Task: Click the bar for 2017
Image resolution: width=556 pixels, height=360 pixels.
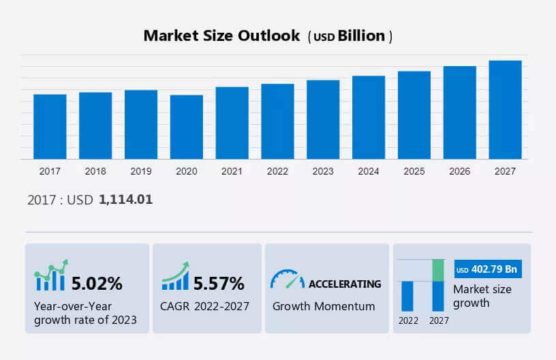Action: pyautogui.click(x=50, y=127)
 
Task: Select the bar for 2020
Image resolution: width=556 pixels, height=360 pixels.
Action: pyautogui.click(x=187, y=127)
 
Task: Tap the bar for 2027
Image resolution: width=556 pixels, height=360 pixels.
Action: pyautogui.click(x=506, y=110)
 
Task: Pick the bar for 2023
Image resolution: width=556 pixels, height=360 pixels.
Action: pyautogui.click(x=323, y=119)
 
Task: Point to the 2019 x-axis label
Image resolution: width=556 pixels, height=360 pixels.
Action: pyautogui.click(x=141, y=171)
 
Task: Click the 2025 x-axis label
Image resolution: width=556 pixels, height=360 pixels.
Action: pyautogui.click(x=414, y=171)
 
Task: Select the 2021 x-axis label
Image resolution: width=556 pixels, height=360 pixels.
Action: pyautogui.click(x=232, y=171)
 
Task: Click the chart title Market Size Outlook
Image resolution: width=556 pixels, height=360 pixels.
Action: pyautogui.click(x=221, y=36)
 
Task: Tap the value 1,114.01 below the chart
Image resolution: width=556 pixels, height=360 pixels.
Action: pyautogui.click(x=125, y=200)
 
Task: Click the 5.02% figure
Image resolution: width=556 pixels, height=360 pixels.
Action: pyautogui.click(x=97, y=283)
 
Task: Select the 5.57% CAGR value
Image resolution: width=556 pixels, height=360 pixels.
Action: pyautogui.click(x=219, y=283)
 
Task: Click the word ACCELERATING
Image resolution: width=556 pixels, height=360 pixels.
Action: pyautogui.click(x=345, y=284)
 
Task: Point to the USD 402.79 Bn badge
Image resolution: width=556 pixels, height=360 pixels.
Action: pyautogui.click(x=486, y=270)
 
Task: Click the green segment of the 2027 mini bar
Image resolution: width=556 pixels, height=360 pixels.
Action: pyautogui.click(x=438, y=270)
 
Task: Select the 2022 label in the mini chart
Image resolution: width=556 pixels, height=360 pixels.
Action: pyautogui.click(x=408, y=320)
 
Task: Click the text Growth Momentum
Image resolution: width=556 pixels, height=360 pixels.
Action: pyautogui.click(x=324, y=306)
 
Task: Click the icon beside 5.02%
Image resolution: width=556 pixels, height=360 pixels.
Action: pyautogui.click(x=51, y=276)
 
